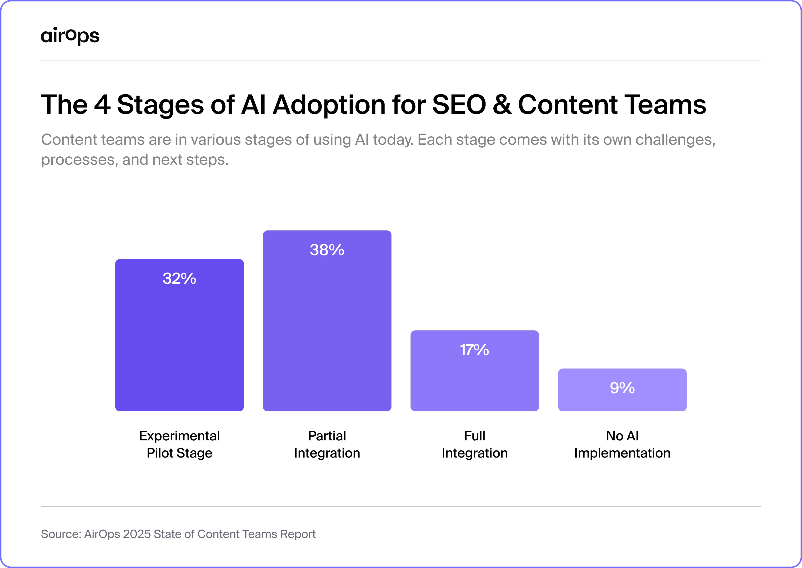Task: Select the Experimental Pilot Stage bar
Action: click(x=180, y=343)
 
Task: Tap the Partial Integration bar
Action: click(x=327, y=329)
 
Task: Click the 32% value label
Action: click(x=180, y=278)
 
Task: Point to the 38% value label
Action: click(x=327, y=250)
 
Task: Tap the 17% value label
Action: click(x=475, y=350)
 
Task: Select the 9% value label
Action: click(x=622, y=388)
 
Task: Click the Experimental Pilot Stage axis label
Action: click(x=180, y=444)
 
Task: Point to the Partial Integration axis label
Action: click(x=327, y=444)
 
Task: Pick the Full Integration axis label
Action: click(x=475, y=444)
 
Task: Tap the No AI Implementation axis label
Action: click(x=622, y=444)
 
